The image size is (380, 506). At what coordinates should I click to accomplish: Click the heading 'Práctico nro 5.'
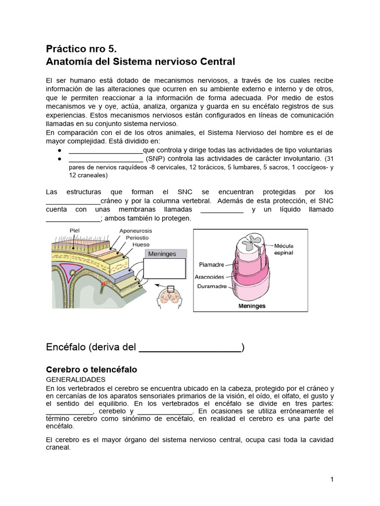81,49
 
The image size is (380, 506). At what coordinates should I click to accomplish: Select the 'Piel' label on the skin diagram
75,230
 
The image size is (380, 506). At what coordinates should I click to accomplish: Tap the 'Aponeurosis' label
136,231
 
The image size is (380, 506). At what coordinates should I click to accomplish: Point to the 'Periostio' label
137,238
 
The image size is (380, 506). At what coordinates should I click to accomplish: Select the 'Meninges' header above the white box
162,254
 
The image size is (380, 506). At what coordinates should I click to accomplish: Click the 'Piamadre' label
212,264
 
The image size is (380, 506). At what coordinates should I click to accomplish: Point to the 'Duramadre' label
212,286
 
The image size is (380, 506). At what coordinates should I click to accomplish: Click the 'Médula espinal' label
284,249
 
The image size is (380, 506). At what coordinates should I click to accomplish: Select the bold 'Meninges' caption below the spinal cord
252,306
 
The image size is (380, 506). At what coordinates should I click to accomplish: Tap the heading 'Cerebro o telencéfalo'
91,370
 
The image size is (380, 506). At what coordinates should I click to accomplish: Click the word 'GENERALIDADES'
75,379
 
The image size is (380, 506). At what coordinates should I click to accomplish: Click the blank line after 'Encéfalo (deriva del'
190,348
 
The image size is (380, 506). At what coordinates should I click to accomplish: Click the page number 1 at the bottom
332,479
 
